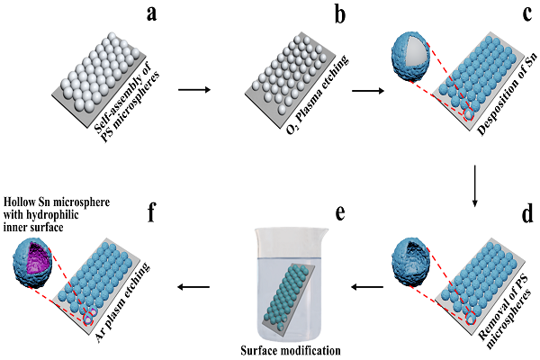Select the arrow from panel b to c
coord(366,90)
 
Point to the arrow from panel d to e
coord(366,288)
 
